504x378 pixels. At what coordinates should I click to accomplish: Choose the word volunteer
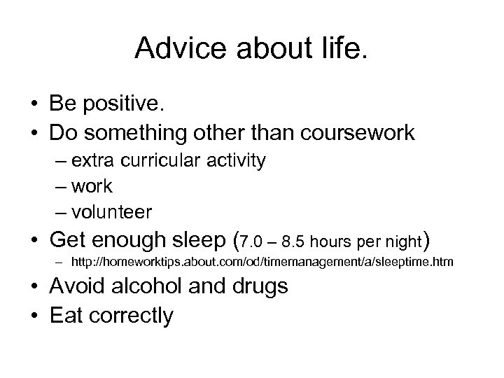click(x=114, y=211)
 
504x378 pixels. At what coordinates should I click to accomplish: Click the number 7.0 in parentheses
click(x=256, y=244)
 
